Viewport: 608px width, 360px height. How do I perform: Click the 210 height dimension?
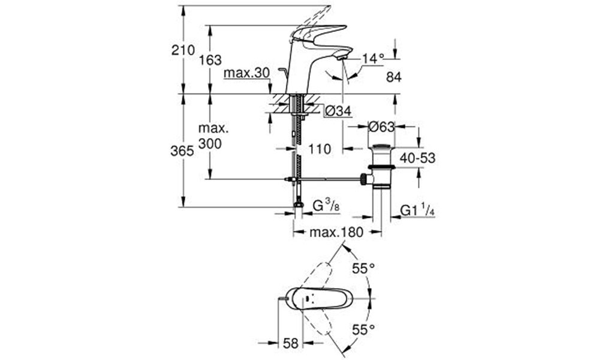coord(183,50)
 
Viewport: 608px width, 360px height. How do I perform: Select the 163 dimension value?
coord(210,60)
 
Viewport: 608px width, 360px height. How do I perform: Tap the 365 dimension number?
coord(182,151)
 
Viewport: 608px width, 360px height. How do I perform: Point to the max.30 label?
coord(246,73)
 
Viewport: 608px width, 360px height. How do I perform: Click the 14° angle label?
coord(373,59)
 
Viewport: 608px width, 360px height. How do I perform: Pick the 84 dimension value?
coord(393,77)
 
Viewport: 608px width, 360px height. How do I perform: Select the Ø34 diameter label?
coord(338,112)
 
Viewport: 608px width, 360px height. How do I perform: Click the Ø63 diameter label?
coord(381,127)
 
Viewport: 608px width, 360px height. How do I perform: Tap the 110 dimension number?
coord(320,149)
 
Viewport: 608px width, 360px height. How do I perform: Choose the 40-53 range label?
coord(417,158)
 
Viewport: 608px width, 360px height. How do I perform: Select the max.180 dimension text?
coord(336,232)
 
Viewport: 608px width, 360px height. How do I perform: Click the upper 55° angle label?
coord(363,268)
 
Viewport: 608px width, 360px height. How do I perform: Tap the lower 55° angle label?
coord(363,330)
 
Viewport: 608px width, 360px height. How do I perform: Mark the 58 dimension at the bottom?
coord(291,343)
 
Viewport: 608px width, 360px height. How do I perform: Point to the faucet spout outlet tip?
coord(342,58)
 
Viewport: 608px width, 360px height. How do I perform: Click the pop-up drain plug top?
coord(381,146)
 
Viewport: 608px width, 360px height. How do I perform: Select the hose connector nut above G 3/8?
coord(298,205)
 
